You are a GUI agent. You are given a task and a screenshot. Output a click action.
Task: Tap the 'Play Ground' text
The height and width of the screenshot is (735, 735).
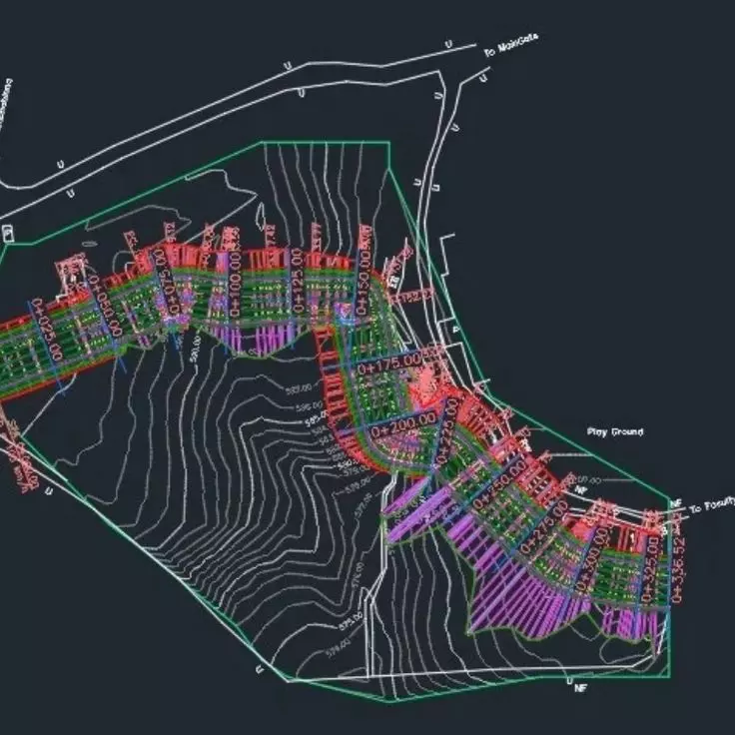[x=614, y=432]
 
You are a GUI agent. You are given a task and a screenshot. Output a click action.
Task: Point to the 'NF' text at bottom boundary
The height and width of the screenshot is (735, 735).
[x=581, y=688]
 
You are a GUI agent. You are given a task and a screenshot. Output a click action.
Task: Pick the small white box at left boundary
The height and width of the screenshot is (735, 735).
[x=9, y=233]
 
